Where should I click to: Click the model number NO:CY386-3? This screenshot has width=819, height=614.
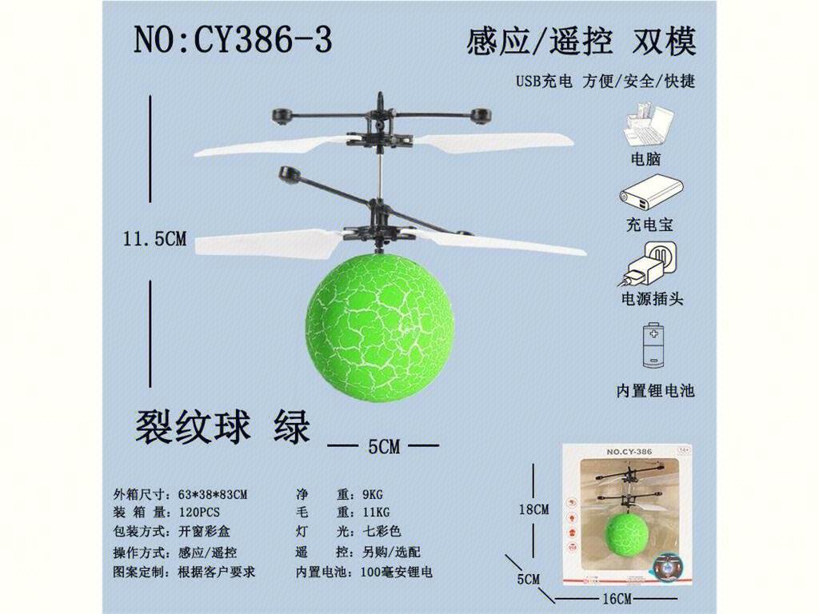233,40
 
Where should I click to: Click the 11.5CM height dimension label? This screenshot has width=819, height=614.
154,238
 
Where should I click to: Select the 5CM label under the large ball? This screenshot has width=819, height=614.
383,446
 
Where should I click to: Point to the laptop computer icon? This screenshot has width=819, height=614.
648,126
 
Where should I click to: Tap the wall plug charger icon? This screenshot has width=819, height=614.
648,264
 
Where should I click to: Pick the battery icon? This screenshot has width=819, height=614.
653,345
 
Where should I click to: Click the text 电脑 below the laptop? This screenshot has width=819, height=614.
646,159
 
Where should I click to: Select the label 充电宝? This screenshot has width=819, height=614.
649,225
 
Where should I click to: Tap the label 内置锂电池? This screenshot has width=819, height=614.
655,390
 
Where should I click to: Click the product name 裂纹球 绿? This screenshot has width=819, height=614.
222,426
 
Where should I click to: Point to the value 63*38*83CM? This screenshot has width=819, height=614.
213,494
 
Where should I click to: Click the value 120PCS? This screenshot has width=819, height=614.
198,512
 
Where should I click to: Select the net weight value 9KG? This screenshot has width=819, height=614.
373,494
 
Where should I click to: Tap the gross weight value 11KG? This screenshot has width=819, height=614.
376,512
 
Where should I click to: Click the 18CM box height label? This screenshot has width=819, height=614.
533,509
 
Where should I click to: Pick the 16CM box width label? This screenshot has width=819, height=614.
617,598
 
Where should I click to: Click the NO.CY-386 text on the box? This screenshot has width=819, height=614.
629,452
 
